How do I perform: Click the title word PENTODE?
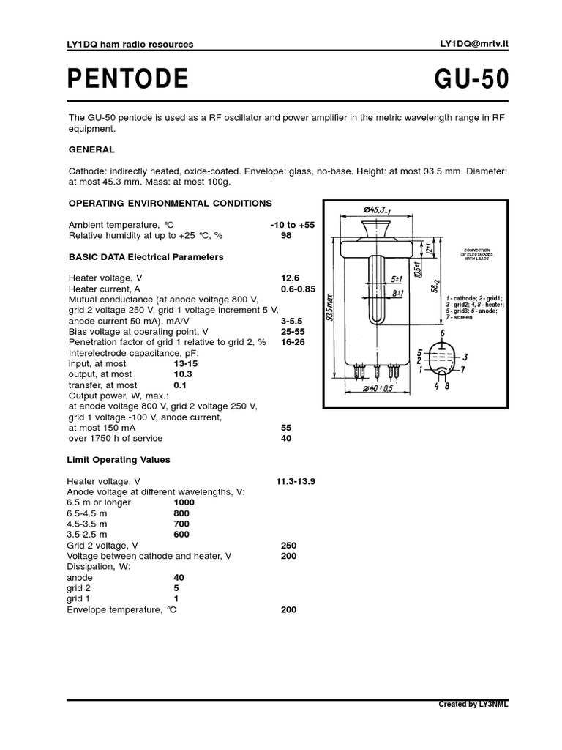[128, 79]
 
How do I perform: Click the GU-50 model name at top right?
[471, 79]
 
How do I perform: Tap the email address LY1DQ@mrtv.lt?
[474, 44]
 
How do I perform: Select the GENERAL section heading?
[91, 149]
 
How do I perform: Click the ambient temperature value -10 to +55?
[292, 225]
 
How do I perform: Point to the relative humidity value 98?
[286, 236]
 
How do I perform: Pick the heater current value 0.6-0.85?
[298, 289]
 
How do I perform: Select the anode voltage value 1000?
[184, 502]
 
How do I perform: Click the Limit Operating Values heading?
[119, 460]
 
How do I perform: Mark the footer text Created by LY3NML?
[473, 705]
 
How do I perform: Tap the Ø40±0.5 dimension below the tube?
[378, 388]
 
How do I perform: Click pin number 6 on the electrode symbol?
[442, 333]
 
